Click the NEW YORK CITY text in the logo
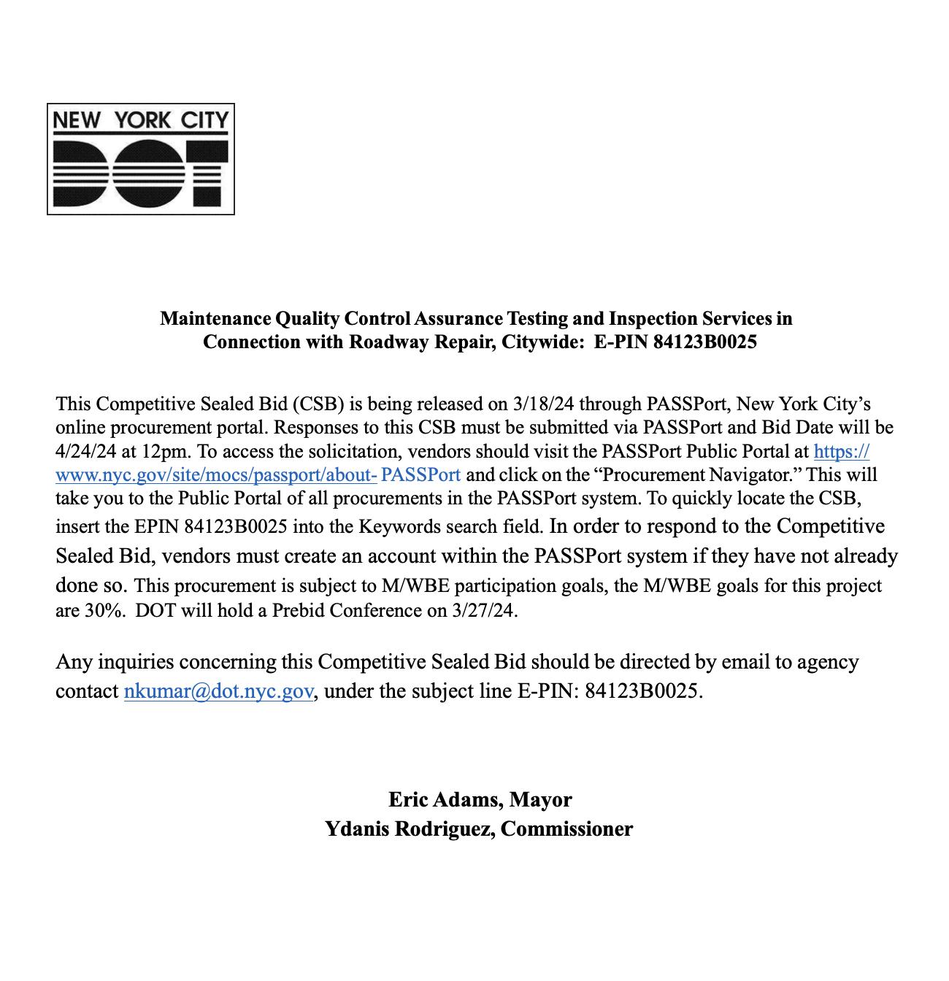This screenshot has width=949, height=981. point(140,119)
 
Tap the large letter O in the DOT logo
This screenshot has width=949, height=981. point(140,172)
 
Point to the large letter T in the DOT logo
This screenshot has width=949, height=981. point(201,172)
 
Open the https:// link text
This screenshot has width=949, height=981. point(841,451)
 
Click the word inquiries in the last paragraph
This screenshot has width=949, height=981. point(135,662)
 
